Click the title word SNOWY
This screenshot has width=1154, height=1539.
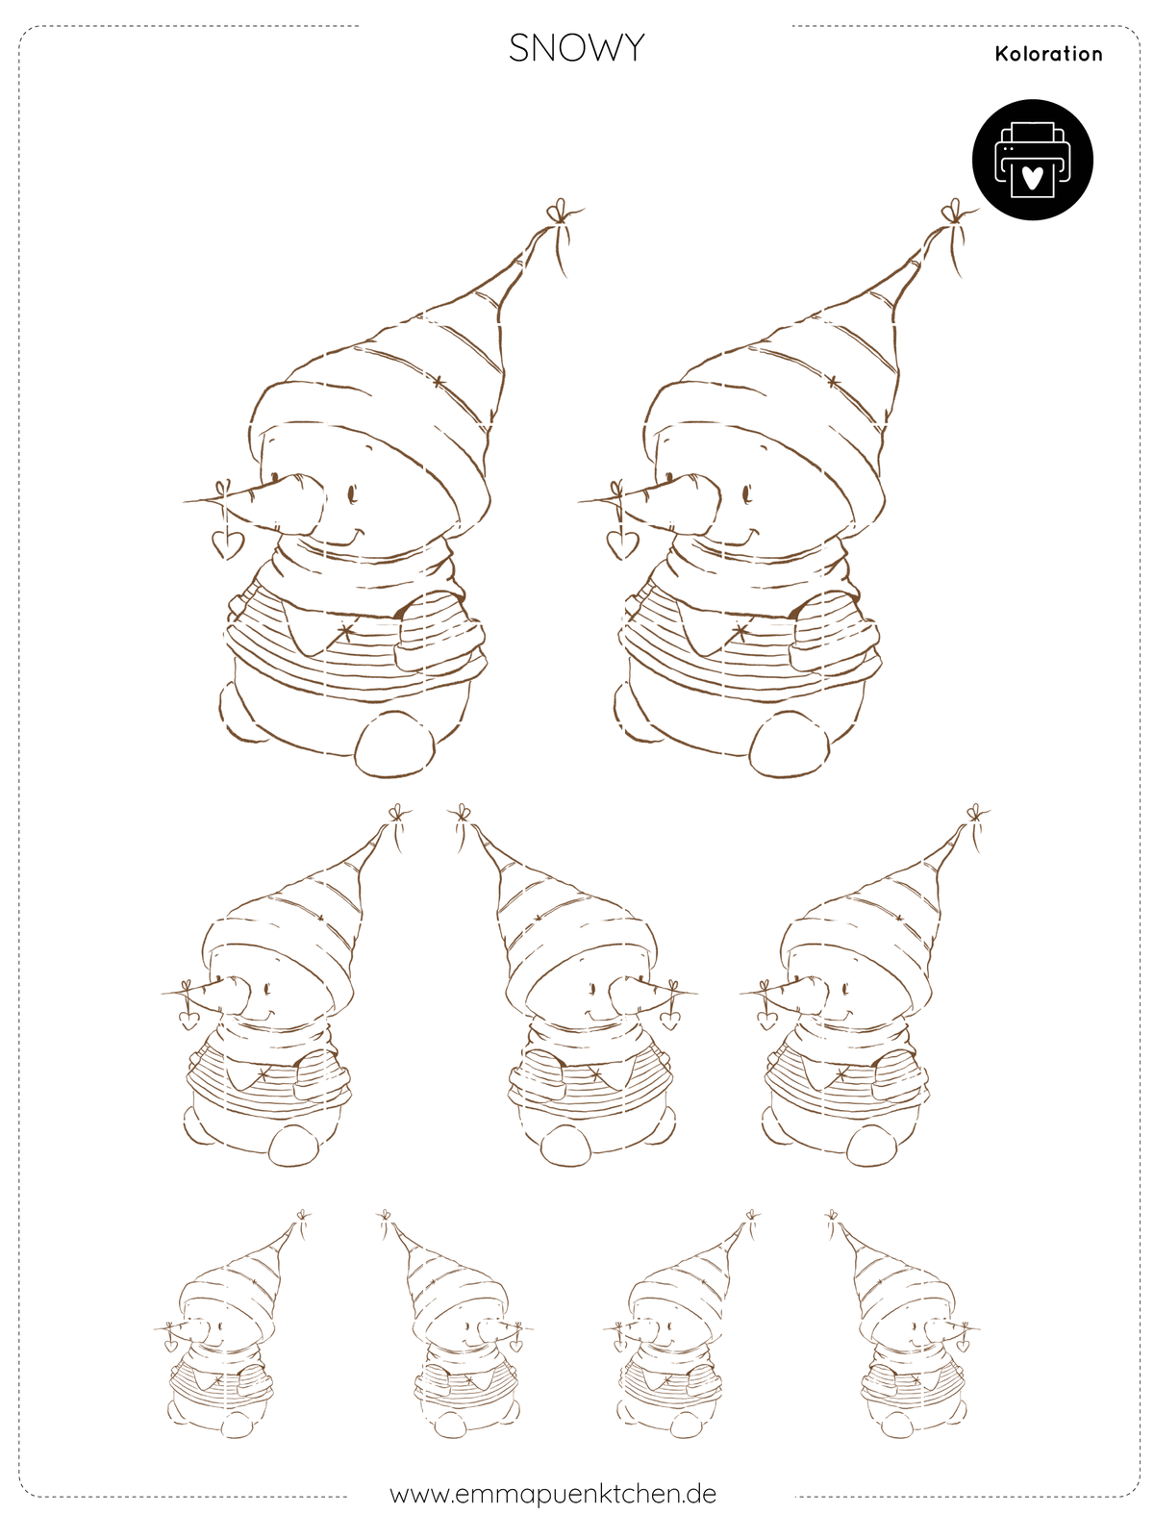[x=576, y=48]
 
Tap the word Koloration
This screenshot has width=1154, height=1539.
[x=1048, y=54]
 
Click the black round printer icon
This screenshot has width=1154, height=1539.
[x=1031, y=159]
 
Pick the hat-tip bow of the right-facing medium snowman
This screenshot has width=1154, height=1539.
[x=461, y=814]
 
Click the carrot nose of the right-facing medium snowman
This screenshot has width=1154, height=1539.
[x=641, y=991]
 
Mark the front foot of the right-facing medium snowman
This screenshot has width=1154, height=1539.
[x=567, y=1145]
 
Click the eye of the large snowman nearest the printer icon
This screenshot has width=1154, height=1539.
[x=747, y=493]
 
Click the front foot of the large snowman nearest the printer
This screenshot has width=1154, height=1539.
[x=790, y=744]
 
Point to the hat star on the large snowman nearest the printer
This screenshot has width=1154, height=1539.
[x=833, y=382]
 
